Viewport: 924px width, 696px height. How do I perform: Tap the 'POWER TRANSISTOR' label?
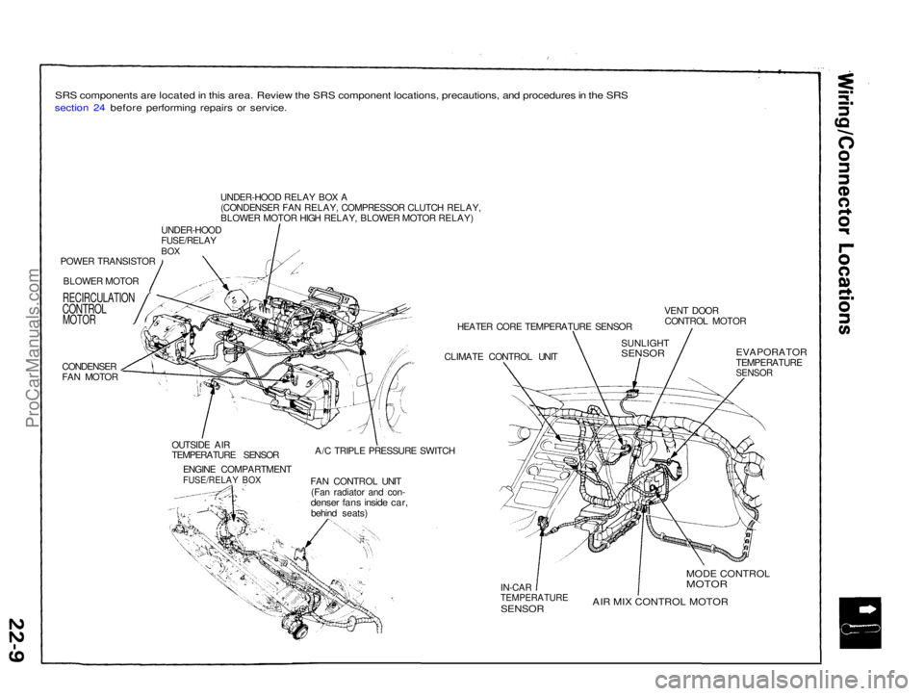point(107,261)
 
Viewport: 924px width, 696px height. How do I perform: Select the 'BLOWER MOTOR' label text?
point(101,279)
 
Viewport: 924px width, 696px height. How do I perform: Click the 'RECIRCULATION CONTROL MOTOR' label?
point(98,309)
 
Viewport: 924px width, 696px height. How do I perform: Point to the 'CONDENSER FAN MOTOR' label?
point(90,372)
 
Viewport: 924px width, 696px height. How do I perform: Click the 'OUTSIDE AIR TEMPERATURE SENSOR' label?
point(224,449)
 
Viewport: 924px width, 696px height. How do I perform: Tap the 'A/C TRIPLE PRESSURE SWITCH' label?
point(384,451)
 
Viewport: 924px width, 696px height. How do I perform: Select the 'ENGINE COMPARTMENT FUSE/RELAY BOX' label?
point(237,474)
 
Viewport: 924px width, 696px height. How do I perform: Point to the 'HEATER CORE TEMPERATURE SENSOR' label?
point(544,327)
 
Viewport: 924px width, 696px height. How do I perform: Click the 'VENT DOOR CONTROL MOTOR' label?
point(705,315)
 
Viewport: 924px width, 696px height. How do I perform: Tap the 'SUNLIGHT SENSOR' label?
point(644,348)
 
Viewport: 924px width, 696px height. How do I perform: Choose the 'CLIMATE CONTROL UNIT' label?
point(500,356)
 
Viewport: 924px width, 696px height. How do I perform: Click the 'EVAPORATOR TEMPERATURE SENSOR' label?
point(770,361)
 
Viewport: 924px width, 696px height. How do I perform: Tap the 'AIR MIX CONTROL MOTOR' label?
point(659,601)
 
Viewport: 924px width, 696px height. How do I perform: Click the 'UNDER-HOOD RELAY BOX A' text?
point(276,197)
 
